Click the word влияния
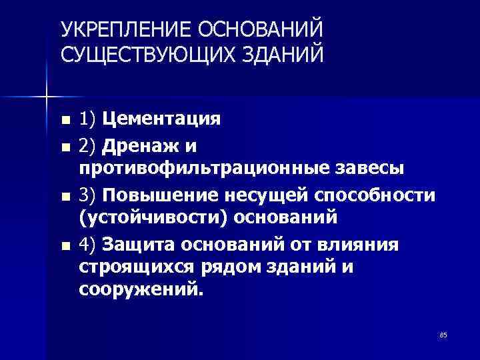pyautogui.click(x=365, y=245)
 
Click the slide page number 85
pyautogui.click(x=443, y=335)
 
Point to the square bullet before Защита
pyautogui.click(x=64, y=246)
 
